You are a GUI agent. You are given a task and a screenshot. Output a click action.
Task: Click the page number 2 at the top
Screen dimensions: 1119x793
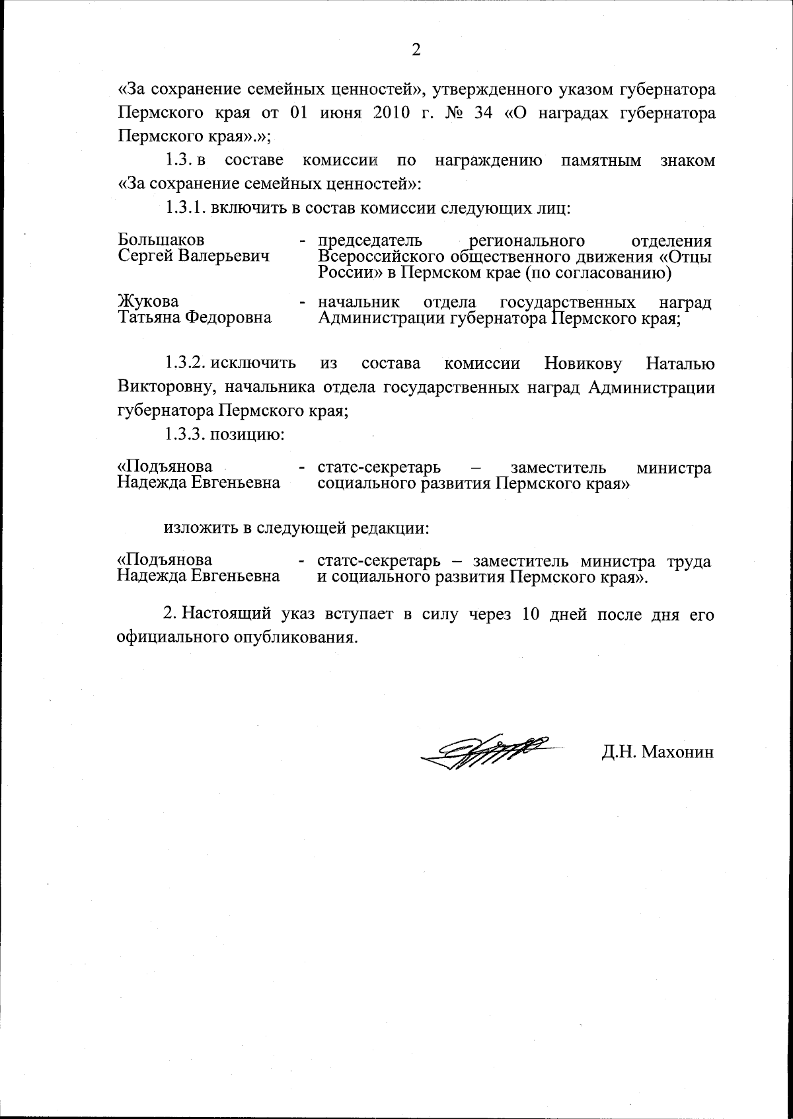(x=416, y=50)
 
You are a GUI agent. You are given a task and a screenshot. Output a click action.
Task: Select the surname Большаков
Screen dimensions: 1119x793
(x=161, y=240)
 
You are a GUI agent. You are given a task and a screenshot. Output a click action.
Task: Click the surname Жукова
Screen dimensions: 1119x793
(x=148, y=302)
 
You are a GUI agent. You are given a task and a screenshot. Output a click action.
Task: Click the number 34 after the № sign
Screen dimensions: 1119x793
(x=481, y=112)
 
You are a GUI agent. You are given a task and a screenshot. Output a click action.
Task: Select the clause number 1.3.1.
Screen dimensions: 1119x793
(x=186, y=208)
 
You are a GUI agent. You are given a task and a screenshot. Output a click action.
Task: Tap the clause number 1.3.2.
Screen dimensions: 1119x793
(x=187, y=364)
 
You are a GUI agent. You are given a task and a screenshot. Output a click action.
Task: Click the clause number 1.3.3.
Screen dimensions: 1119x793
(x=187, y=435)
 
